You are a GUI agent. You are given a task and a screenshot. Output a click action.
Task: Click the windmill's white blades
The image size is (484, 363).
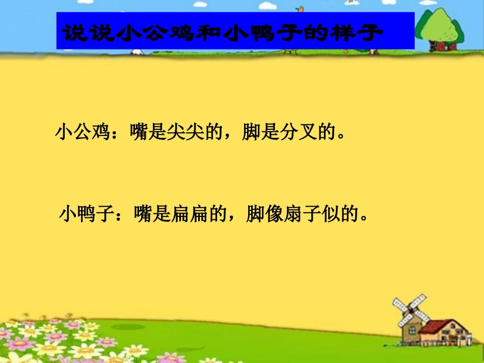point(411,309)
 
